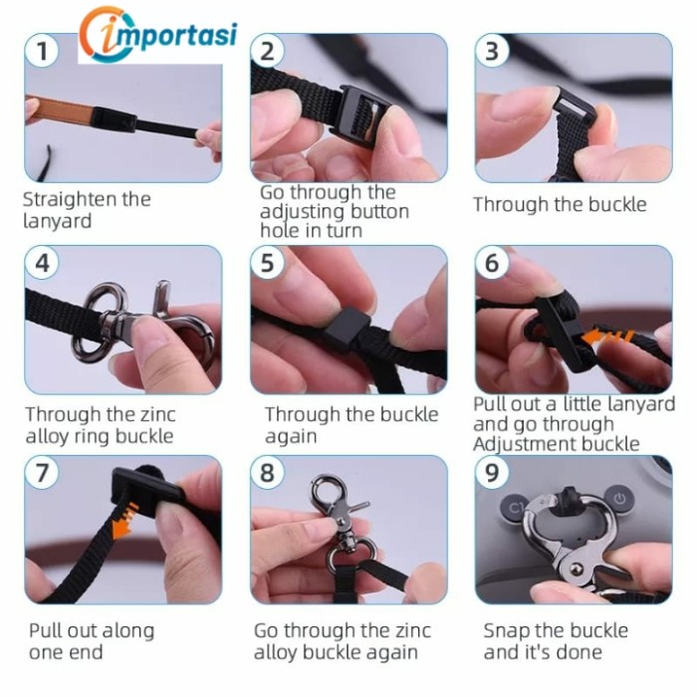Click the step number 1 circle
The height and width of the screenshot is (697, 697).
click(x=42, y=51)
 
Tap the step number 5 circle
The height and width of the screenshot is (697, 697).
click(x=267, y=263)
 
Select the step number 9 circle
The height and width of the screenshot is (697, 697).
click(x=492, y=473)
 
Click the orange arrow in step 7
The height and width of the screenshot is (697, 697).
click(x=123, y=519)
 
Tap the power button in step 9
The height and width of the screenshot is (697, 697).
click(x=619, y=500)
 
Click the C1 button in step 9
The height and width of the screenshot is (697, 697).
click(x=515, y=507)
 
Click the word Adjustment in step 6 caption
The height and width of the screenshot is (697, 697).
click(x=523, y=444)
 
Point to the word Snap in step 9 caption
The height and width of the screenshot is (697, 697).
click(x=506, y=631)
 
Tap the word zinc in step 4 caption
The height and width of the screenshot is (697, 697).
click(x=157, y=414)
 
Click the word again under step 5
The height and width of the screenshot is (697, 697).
click(x=291, y=436)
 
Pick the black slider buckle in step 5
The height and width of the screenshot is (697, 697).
click(x=348, y=326)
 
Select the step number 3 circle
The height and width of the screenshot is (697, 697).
click(x=492, y=51)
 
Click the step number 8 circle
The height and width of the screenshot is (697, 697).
click(x=267, y=473)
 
